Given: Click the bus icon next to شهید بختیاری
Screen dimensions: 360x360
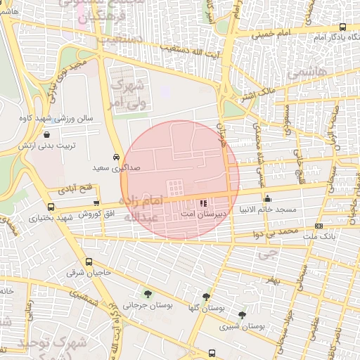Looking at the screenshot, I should (51, 207).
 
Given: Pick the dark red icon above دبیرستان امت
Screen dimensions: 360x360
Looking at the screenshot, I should (204, 202).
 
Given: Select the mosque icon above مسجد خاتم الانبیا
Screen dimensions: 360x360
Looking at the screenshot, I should (267, 198).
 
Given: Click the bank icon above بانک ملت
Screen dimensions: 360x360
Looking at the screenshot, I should (319, 226).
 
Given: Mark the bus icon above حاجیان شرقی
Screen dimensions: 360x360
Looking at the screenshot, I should (88, 262).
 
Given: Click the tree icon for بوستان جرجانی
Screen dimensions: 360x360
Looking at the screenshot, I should (147, 293).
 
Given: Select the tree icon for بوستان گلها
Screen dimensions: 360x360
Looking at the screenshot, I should (205, 297).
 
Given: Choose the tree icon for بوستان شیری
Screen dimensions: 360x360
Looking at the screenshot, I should (243, 315).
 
